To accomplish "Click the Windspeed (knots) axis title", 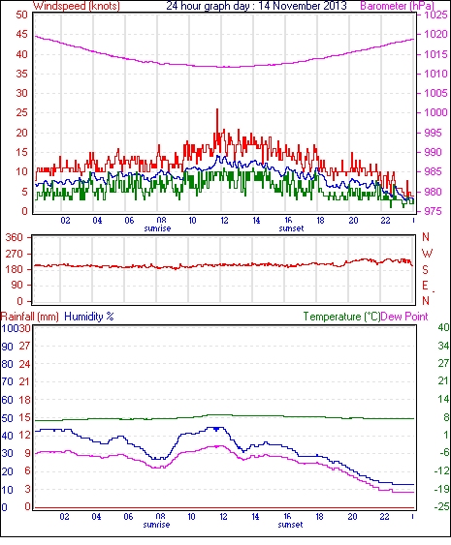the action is tap(77, 6).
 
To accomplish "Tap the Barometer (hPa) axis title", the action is tap(398, 6).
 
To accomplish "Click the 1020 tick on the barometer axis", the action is tap(435, 34).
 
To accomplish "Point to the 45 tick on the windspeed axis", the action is tap(21, 34).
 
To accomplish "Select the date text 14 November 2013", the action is tap(303, 6).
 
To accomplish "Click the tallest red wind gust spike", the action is tap(217, 109).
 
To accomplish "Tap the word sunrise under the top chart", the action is tap(157, 228).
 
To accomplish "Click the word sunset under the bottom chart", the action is tap(290, 525).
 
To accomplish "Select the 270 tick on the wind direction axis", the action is tap(15, 254).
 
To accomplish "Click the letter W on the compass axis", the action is tap(427, 254).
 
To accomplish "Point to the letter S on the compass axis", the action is tap(425, 269).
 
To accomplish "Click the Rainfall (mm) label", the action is tap(30, 317).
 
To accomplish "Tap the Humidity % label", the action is tap(89, 317).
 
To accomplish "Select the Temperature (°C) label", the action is tap(341, 317).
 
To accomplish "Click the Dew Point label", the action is tap(404, 317).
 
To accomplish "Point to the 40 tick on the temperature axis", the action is tap(443, 327).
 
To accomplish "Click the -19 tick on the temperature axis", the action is tap(441, 489).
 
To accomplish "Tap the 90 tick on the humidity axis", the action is tap(8, 347).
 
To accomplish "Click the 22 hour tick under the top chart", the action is tap(385, 221).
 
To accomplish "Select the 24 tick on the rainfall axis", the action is tap(24, 364).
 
